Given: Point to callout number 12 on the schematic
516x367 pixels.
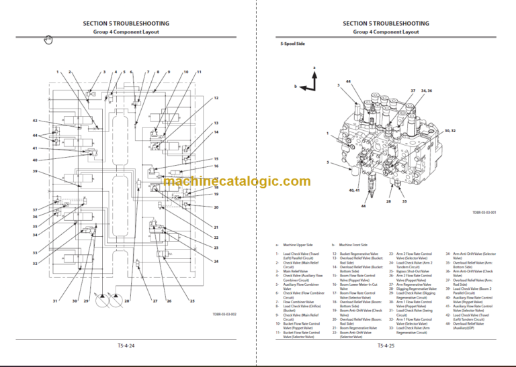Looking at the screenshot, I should click(x=216, y=99).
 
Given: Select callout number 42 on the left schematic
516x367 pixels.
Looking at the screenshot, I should click(x=35, y=121).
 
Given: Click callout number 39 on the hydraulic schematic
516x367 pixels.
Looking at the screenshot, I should click(x=35, y=172).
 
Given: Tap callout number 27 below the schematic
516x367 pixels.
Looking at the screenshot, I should click(x=155, y=301).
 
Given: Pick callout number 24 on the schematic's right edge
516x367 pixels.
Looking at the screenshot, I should click(x=216, y=261).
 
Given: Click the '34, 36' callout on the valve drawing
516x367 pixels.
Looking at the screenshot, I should click(x=427, y=91).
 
